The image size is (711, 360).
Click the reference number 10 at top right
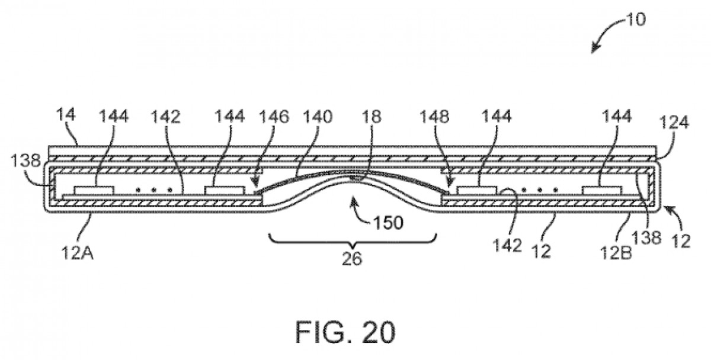[x=636, y=19]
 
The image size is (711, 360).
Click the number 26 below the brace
[x=353, y=258]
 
